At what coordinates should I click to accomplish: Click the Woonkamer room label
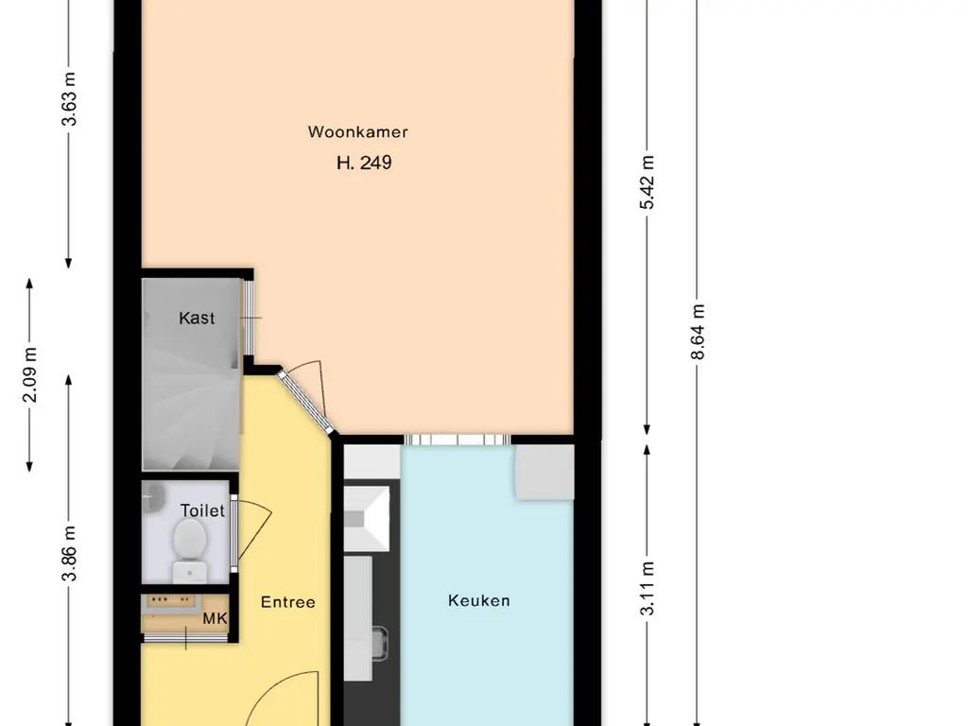click(x=357, y=131)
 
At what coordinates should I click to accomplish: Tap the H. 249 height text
click(x=364, y=163)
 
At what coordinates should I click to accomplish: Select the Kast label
click(x=197, y=318)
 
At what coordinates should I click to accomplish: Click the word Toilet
click(x=202, y=510)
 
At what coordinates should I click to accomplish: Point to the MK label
click(x=215, y=618)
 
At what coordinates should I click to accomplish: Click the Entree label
click(x=287, y=602)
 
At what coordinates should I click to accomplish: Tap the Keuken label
click(x=479, y=600)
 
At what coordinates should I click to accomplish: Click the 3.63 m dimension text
click(x=69, y=99)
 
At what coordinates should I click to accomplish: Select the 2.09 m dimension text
click(x=29, y=374)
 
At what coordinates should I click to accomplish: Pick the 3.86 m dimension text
click(x=69, y=553)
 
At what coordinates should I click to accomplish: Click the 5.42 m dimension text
click(x=647, y=182)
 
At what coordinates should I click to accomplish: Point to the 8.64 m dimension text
click(x=698, y=332)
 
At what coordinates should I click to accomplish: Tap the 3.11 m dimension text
click(x=647, y=588)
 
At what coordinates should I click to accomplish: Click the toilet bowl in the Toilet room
click(x=189, y=549)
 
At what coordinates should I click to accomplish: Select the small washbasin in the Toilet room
click(x=152, y=496)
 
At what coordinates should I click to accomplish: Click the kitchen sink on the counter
click(x=367, y=519)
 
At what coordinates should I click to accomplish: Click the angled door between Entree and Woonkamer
click(x=305, y=401)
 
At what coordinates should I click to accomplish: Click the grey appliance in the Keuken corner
click(x=545, y=472)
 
